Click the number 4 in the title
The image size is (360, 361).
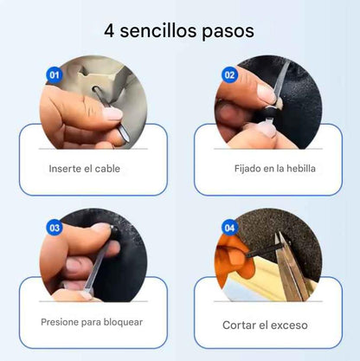click(x=111, y=30)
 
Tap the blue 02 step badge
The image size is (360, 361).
click(x=229, y=75)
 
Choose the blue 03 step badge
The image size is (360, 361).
click(x=55, y=229)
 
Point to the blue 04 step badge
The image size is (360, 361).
click(x=229, y=229)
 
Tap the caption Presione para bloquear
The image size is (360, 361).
click(x=91, y=322)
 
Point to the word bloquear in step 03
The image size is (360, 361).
click(x=121, y=322)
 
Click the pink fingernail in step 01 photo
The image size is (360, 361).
click(x=113, y=113)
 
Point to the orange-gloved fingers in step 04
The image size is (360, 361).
click(x=235, y=260)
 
